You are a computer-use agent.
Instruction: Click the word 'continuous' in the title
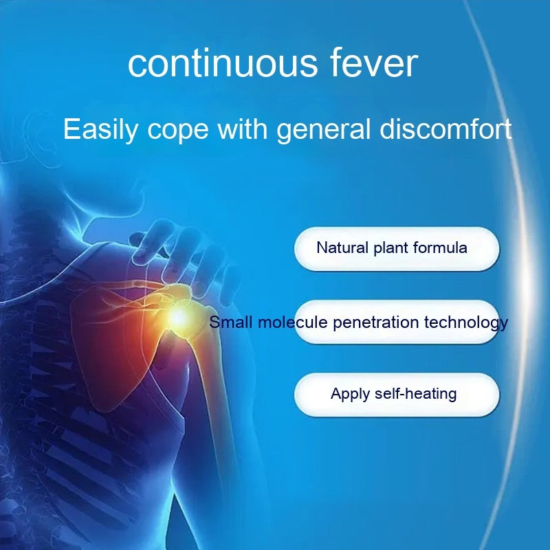coord(223,63)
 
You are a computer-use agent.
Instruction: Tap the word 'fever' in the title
coord(375,63)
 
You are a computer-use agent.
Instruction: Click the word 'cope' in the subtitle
coord(178,131)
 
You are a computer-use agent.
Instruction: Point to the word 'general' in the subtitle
coord(323,130)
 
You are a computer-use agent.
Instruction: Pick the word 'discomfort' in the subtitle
coord(445,129)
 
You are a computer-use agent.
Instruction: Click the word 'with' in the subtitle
coord(243,129)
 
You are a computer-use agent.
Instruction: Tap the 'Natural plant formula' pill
coord(397,249)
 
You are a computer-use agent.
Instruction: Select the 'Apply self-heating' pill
coord(397,395)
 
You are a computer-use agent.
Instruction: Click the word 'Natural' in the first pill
coord(342,247)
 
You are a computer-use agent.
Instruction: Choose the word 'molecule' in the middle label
coord(293,322)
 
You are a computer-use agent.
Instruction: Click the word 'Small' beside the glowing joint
coord(231,322)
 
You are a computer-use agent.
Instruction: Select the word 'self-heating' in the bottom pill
coord(416,393)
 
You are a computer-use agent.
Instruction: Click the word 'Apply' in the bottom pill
coord(350,395)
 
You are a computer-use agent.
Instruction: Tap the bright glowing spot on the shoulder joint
coord(179,318)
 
